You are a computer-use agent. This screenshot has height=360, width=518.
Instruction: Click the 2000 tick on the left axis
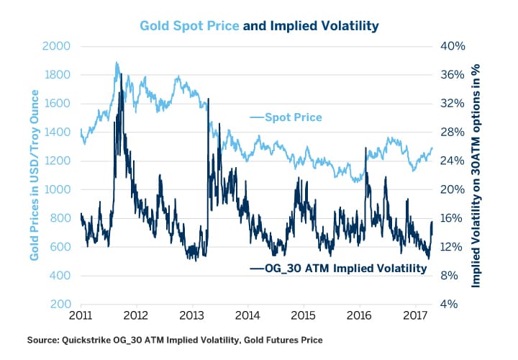60,46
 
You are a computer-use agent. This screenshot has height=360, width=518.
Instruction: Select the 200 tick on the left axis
63,305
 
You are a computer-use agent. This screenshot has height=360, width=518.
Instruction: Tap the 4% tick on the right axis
450,305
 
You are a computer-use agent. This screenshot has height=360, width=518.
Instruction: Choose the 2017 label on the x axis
416,317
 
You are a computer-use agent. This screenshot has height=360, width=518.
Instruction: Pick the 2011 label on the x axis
80,317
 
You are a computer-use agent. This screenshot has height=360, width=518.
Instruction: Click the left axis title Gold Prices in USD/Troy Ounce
33,175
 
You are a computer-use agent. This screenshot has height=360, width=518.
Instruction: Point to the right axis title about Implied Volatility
476,175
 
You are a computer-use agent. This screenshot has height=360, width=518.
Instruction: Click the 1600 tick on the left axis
60,104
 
